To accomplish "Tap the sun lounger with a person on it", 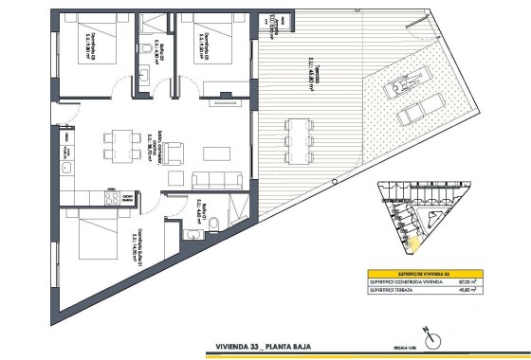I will coord(397,86).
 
